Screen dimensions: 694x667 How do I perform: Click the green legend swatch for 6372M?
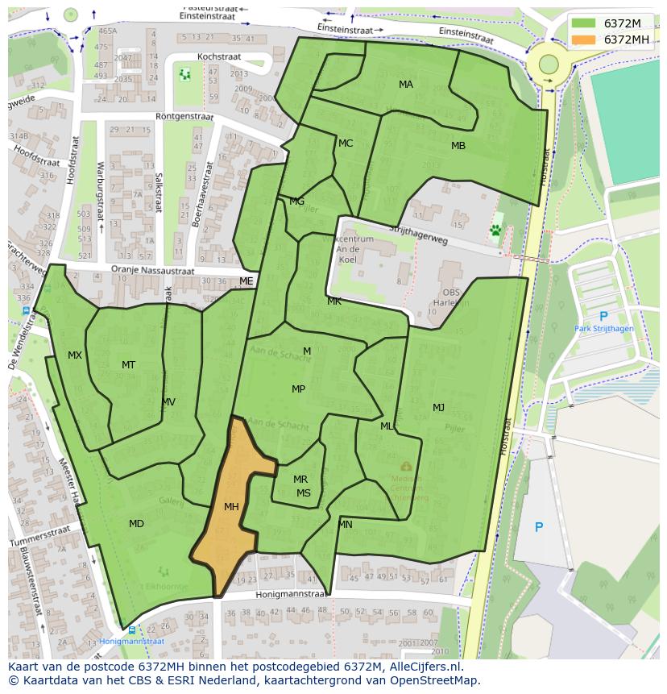pos(584,23)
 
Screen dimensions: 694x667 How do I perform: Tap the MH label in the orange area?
pos(231,507)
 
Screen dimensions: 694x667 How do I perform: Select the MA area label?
pos(406,85)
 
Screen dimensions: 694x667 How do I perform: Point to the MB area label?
pos(458,146)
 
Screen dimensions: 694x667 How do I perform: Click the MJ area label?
pos(438,407)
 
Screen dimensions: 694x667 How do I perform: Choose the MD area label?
pos(136,524)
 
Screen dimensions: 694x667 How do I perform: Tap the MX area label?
pos(75,355)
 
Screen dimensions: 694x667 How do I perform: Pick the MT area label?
pos(128,365)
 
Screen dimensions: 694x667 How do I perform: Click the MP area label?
pos(298,389)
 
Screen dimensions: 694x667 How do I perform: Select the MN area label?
pos(345,525)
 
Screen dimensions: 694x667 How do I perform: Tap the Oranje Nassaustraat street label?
pos(153,271)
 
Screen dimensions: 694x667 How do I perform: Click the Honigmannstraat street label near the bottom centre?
pos(291,594)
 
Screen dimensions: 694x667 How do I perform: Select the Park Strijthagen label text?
pos(603,329)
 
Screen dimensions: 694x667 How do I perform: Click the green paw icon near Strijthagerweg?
pos(495,231)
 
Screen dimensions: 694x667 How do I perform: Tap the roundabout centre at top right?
pos(549,64)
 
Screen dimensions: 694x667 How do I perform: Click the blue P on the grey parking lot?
pos(539,527)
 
